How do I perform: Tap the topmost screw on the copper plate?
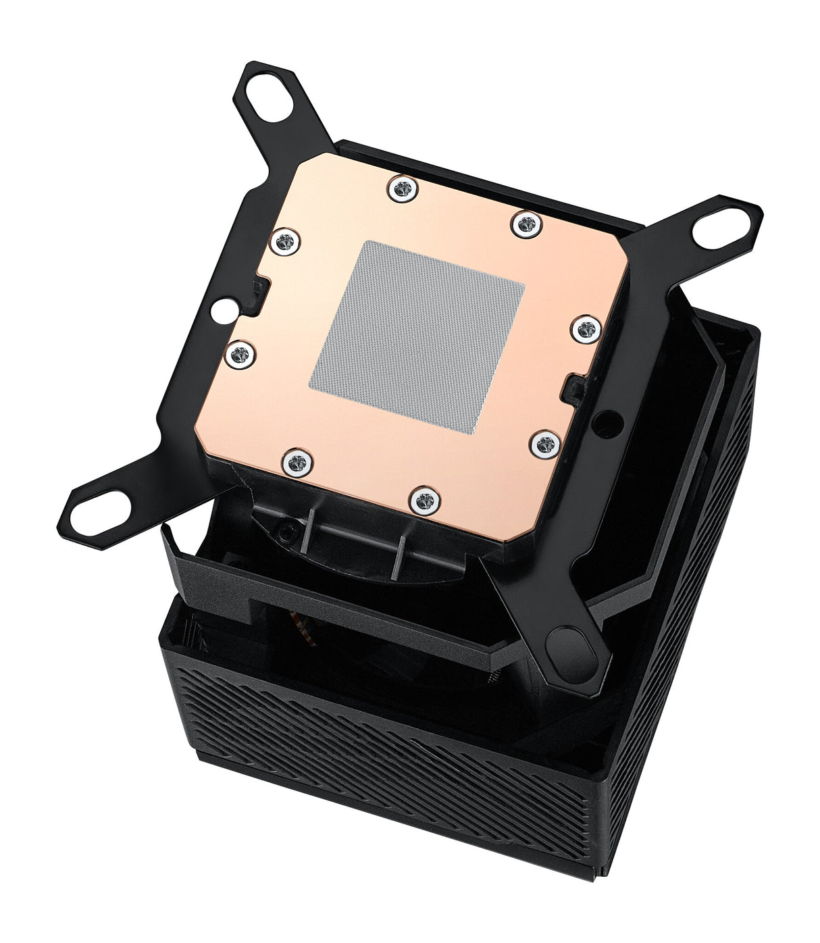click(402, 188)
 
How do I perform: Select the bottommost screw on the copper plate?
click(425, 501)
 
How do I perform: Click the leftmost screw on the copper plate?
click(238, 354)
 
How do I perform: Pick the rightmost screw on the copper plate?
click(586, 329)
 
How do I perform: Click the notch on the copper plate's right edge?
click(573, 388)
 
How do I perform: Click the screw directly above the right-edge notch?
click(586, 329)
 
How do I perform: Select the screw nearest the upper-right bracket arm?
click(526, 224)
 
